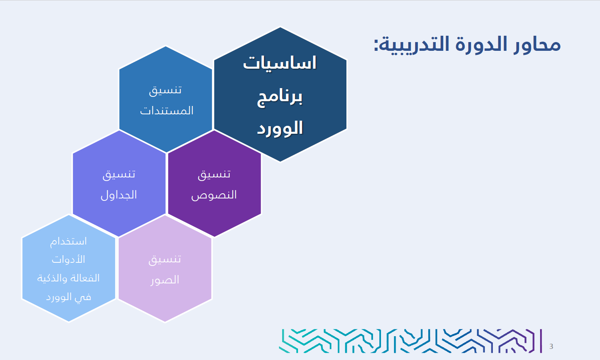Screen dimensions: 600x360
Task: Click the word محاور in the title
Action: click(537, 44)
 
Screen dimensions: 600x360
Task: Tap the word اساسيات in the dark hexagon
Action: click(280, 63)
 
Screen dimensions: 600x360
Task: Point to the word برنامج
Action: click(280, 98)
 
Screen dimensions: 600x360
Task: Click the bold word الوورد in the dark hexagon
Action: click(280, 128)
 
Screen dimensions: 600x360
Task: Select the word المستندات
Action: click(167, 110)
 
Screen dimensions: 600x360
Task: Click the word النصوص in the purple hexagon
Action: click(214, 195)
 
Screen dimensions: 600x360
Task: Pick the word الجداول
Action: click(119, 195)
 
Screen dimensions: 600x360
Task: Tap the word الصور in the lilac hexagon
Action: click(165, 280)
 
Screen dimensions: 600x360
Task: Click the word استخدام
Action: click(69, 241)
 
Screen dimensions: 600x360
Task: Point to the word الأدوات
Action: click(69, 259)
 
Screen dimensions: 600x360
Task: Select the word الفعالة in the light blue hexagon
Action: click(84, 278)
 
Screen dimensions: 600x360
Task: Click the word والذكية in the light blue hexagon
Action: click(52, 278)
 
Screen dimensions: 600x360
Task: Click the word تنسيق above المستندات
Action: click(165, 90)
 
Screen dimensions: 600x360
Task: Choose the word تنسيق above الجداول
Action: click(119, 175)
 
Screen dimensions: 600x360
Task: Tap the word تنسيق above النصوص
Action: click(214, 175)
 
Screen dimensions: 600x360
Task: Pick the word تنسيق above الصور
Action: click(165, 260)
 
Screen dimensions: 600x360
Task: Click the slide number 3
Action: click(551, 347)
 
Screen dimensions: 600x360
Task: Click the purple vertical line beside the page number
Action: click(541, 341)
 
